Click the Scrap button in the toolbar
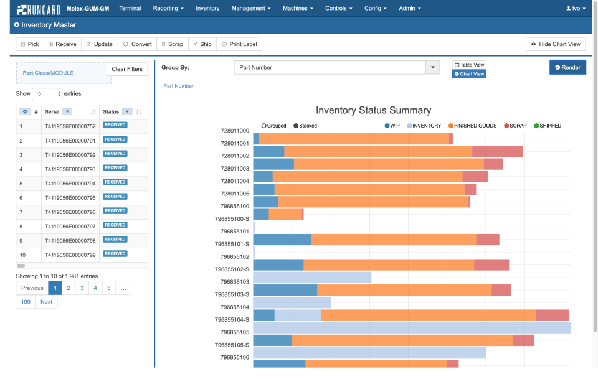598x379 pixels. tap(171, 44)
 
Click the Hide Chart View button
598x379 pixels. tap(556, 44)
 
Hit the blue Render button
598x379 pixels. tap(567, 67)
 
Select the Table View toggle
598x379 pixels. tap(469, 65)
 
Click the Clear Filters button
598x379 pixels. tap(127, 69)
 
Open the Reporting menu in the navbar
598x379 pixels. tap(168, 9)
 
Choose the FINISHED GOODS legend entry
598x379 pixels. tap(472, 126)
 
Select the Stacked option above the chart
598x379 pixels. tap(305, 126)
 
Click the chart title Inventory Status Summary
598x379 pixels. tap(373, 110)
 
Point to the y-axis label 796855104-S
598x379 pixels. tap(232, 319)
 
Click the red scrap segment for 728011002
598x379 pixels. tap(497, 151)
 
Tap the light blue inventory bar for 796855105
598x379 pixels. tap(412, 327)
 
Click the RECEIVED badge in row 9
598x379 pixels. tap(115, 240)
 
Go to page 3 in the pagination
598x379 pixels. tap(82, 288)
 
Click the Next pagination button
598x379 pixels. tap(47, 302)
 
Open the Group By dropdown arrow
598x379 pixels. tap(432, 67)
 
